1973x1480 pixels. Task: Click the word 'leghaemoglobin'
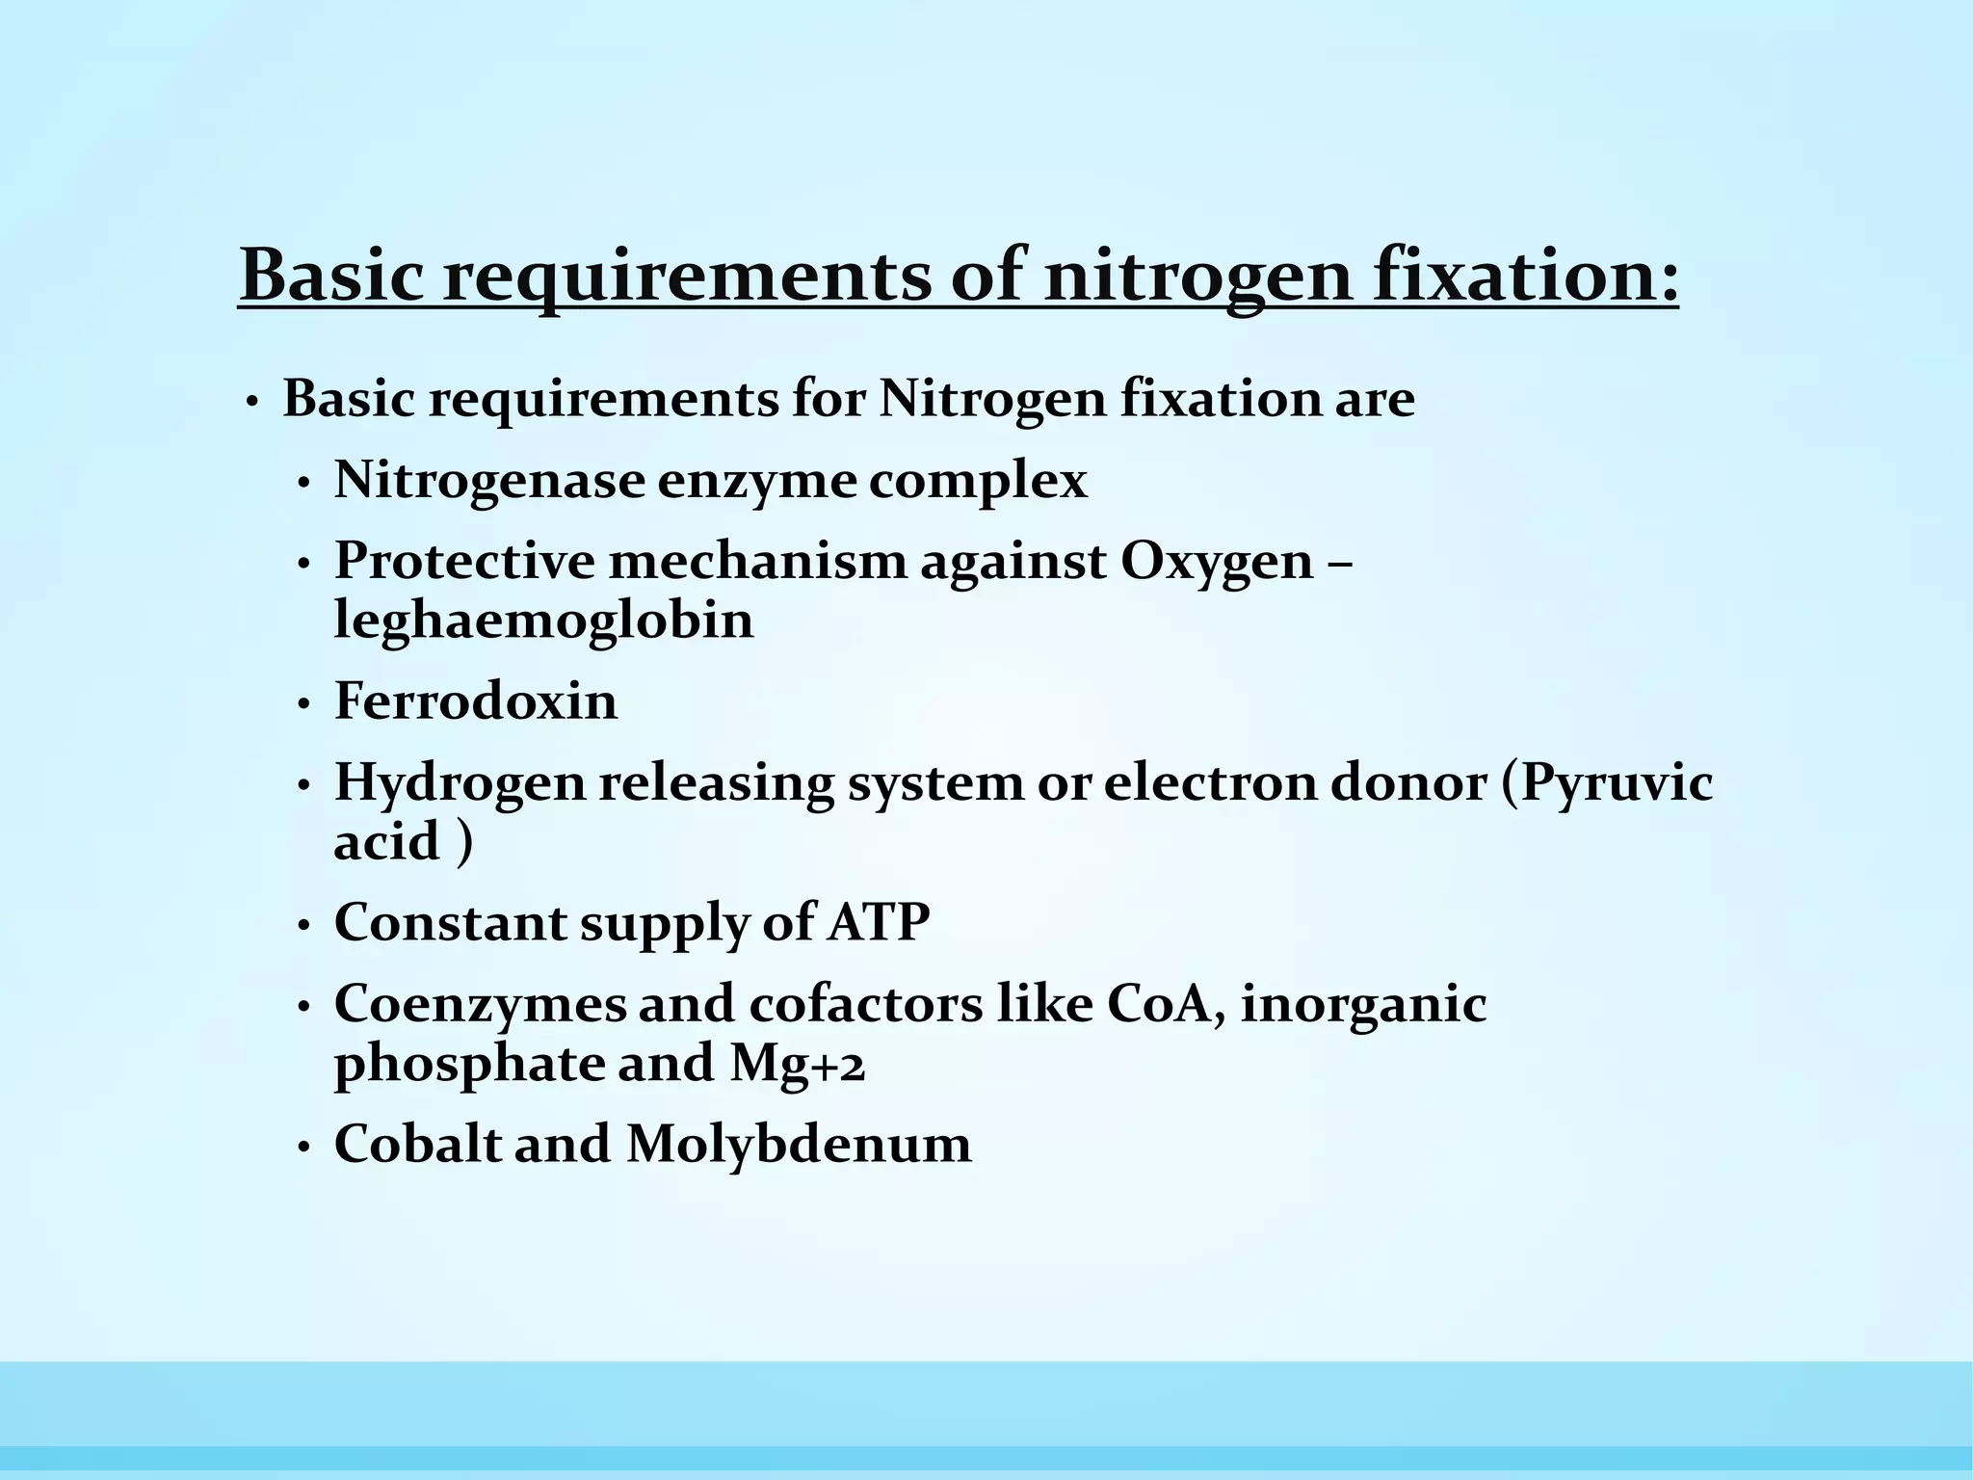coord(543,621)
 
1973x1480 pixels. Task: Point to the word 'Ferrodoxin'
coord(476,700)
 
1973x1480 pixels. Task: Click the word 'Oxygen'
coord(1217,562)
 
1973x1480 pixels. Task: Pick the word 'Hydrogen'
coord(460,782)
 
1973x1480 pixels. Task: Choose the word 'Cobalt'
coord(418,1146)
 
